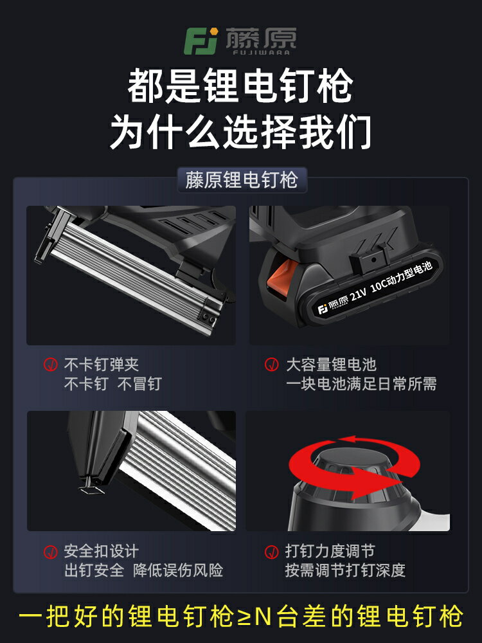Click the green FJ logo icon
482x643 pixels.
[201, 41]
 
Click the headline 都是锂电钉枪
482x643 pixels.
[240, 87]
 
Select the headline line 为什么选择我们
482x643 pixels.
[240, 132]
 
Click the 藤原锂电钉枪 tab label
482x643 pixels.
[241, 180]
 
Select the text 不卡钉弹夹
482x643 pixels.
[101, 365]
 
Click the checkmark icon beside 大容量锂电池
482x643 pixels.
[272, 365]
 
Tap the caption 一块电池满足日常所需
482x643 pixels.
[361, 385]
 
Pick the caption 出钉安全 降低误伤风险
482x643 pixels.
[143, 570]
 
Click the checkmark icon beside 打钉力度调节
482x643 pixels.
[272, 552]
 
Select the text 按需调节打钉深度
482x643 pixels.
[345, 570]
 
